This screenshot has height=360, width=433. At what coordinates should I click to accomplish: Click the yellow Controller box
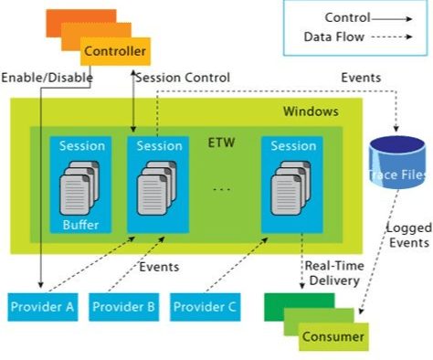click(x=115, y=51)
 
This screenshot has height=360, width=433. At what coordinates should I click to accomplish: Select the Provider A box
click(x=43, y=307)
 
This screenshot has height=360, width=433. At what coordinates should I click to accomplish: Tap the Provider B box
click(x=123, y=307)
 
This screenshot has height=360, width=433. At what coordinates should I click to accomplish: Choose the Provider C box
click(x=205, y=307)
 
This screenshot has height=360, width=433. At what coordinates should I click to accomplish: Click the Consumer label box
click(x=333, y=337)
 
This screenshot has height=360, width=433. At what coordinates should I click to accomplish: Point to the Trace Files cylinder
click(x=397, y=162)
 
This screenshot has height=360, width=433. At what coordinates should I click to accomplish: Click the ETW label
click(x=221, y=143)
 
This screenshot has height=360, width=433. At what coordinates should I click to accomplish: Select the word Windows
click(x=311, y=111)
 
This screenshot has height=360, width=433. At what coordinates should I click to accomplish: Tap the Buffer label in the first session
click(x=80, y=225)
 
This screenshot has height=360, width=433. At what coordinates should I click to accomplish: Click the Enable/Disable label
click(x=47, y=78)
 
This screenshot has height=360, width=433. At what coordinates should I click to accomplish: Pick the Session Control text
click(x=183, y=78)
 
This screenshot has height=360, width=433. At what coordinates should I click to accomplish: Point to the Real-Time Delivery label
click(x=334, y=273)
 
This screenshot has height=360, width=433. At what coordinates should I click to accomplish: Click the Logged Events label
click(x=409, y=235)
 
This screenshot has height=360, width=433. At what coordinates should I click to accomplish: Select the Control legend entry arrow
click(x=392, y=19)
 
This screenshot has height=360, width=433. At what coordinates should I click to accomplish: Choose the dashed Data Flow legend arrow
click(x=392, y=37)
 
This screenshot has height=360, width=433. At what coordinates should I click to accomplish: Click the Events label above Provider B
click(x=159, y=267)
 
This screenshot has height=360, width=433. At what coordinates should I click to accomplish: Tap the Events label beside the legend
click(x=361, y=78)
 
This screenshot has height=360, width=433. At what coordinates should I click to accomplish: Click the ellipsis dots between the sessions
click(x=221, y=189)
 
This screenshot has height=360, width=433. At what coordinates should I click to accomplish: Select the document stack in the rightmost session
click(x=290, y=188)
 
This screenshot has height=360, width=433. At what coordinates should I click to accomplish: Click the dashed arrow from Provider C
click(x=237, y=265)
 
